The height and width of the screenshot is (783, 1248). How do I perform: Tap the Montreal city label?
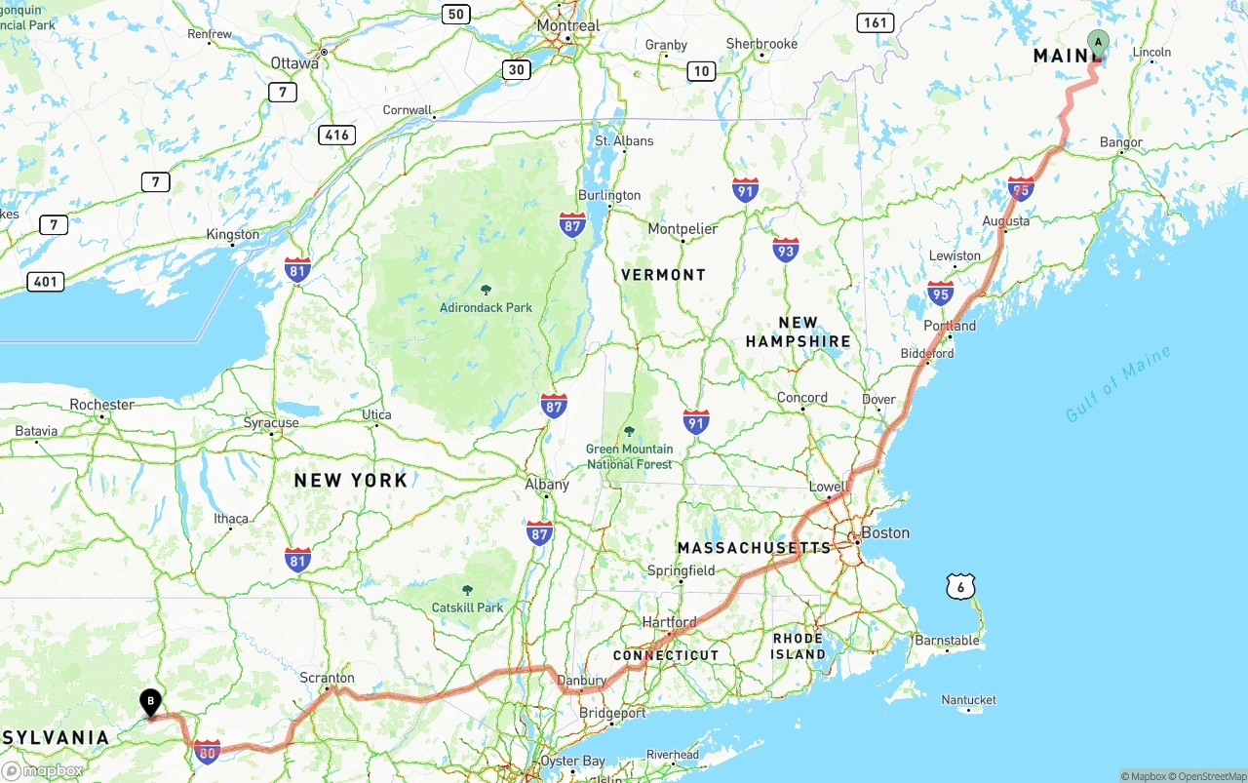[x=567, y=24]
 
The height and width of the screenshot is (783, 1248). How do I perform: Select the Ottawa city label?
[x=294, y=62]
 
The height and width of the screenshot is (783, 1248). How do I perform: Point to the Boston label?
[x=885, y=532]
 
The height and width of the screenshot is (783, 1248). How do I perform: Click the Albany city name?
[x=546, y=484]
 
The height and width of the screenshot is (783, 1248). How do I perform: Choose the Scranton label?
[x=328, y=678]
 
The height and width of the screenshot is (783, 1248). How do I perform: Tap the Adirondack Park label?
[x=486, y=307]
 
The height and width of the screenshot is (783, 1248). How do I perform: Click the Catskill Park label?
[x=467, y=607]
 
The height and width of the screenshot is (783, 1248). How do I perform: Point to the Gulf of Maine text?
[x=1117, y=384]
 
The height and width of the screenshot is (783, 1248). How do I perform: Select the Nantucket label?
[x=968, y=700]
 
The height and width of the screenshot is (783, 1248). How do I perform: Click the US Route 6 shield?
[x=960, y=586]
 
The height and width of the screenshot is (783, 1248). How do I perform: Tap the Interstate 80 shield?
[x=207, y=751]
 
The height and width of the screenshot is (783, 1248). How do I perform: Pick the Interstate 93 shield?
[x=785, y=251]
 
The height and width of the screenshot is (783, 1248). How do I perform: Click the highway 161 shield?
[x=876, y=22]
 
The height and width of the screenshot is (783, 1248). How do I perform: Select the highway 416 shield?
[x=336, y=135]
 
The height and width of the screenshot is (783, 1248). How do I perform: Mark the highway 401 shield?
[x=45, y=282]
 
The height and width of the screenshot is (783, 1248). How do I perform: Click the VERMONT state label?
[x=663, y=275]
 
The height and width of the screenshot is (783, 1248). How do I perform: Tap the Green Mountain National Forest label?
[x=629, y=456]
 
